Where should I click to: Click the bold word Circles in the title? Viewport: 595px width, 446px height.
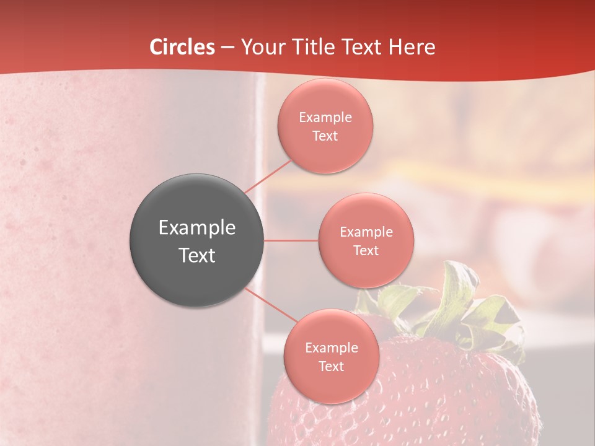pos(182,47)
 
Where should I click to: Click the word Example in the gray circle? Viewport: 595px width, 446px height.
pos(197,228)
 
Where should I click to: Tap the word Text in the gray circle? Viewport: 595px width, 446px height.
pos(197,255)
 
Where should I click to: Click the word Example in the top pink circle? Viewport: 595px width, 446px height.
pos(325,118)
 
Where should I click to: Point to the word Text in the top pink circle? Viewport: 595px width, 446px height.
pos(325,136)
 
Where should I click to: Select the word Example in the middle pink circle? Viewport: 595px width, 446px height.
pos(366,232)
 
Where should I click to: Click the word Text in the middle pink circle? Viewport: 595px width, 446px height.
pos(366,251)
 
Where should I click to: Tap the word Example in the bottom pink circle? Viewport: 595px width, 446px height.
pos(331,348)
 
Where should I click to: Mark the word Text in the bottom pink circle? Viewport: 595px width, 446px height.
pos(331,367)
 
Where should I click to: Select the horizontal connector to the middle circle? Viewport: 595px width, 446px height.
pos(291,240)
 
